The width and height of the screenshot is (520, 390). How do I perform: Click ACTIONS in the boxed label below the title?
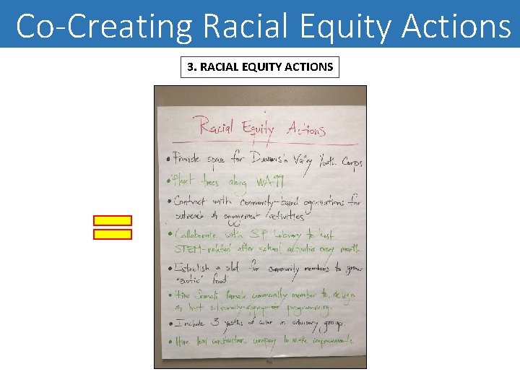click(x=308, y=67)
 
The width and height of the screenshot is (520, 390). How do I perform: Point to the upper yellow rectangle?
click(x=113, y=220)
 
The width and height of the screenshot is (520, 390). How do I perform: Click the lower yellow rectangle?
click(x=113, y=234)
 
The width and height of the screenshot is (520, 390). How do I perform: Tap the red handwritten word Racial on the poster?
click(x=215, y=129)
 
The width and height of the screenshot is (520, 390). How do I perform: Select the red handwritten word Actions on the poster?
click(x=306, y=129)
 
